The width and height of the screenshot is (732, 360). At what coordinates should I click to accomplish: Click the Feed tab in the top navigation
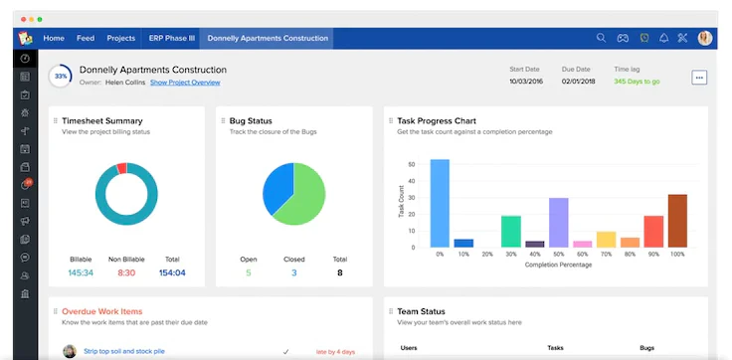86,39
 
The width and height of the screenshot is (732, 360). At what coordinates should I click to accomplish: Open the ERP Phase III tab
172,39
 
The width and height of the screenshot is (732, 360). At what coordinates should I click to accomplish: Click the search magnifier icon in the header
601,38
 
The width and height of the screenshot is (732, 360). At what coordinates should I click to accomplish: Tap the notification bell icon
663,38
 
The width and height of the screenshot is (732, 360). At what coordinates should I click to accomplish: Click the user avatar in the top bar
705,39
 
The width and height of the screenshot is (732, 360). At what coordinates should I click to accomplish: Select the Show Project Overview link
185,83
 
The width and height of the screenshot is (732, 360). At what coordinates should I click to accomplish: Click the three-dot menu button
699,78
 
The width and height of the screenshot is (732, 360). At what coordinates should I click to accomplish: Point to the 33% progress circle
61,77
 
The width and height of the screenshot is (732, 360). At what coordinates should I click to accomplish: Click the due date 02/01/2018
578,82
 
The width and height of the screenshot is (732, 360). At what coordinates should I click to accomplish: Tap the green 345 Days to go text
637,82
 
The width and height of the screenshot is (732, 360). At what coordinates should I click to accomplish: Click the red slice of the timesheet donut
121,168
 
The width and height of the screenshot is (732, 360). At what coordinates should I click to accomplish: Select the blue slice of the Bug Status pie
277,188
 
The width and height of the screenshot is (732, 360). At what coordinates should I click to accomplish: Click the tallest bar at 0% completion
440,203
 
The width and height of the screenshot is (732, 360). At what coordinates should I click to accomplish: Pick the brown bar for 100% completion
677,221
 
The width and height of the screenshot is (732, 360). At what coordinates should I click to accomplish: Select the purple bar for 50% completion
558,223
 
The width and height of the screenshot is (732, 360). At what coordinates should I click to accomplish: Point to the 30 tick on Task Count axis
412,198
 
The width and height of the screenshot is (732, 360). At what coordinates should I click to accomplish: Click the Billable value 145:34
81,273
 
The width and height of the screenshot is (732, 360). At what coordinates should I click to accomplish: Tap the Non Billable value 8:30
126,273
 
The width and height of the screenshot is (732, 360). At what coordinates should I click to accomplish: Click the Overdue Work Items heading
102,311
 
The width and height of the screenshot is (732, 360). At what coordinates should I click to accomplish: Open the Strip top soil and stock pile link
124,351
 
